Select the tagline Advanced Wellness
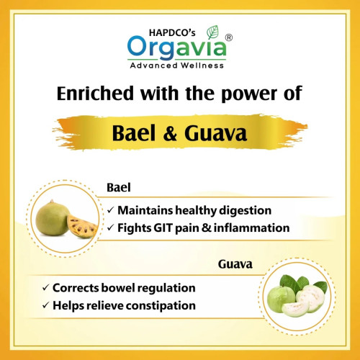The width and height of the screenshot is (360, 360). [x=179, y=66]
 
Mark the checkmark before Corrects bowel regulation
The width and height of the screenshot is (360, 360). [x=45, y=288]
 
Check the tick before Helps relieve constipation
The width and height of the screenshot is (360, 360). [x=45, y=305]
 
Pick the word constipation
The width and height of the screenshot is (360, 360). [x=162, y=305]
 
